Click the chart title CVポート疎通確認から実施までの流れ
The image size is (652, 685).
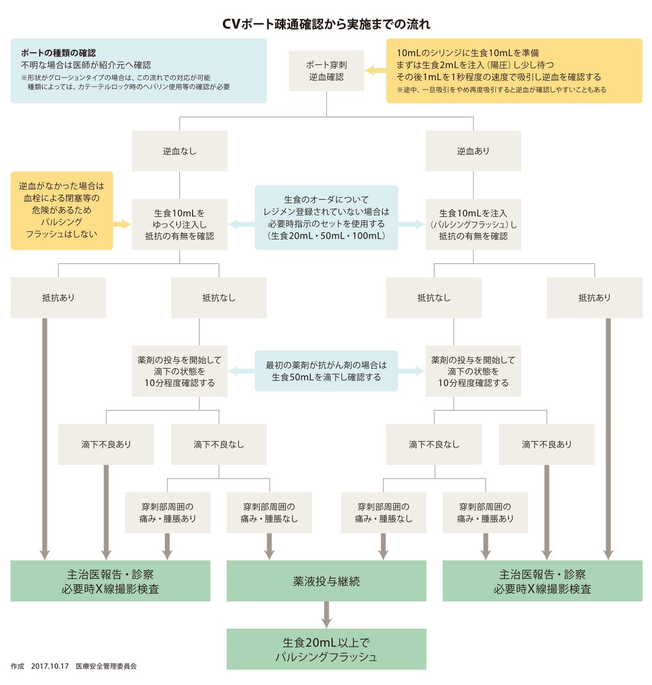pos(326,24)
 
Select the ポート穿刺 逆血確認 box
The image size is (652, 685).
pos(326,71)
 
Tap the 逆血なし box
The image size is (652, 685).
pos(179,151)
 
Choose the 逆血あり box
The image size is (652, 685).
pos(473,151)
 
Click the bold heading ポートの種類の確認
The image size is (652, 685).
pos(58,53)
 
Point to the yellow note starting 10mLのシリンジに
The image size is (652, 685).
pos(514,71)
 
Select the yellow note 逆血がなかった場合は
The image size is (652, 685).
pos(62,210)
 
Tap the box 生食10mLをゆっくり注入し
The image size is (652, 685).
pos(179,224)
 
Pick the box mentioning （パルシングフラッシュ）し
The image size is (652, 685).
pos(473,224)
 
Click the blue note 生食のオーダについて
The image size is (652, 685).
pos(326,218)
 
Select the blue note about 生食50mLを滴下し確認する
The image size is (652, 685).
pos(326,371)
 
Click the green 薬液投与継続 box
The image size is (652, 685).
pos(326,581)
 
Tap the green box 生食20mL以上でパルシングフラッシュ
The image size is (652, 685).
pos(326,649)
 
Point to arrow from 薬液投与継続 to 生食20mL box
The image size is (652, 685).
pos(326,614)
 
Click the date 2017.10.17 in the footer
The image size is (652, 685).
pos(50,666)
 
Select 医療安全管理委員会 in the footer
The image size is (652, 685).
pos(106,666)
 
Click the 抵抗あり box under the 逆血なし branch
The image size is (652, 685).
pos(58,298)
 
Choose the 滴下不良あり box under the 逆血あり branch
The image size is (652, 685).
pos(547,444)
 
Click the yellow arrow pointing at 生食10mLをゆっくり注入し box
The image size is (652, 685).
pos(122,224)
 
